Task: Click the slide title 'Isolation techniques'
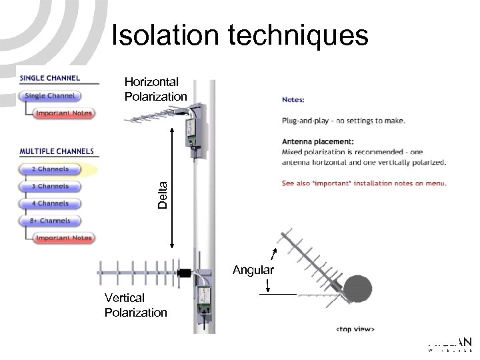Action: pyautogui.click(x=239, y=35)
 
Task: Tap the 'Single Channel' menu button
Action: pyautogui.click(x=51, y=96)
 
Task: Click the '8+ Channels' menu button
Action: pyautogui.click(x=51, y=220)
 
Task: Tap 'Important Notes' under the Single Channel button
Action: pyautogui.click(x=63, y=113)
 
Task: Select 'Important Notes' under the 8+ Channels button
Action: pyautogui.click(x=63, y=238)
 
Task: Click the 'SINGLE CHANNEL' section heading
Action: pyautogui.click(x=51, y=78)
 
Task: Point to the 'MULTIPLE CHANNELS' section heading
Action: pyautogui.click(x=57, y=151)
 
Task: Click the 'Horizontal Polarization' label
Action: pyautogui.click(x=156, y=89)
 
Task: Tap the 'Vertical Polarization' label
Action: pyautogui.click(x=136, y=305)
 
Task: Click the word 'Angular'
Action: pyautogui.click(x=253, y=271)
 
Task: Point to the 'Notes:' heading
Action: pyautogui.click(x=293, y=100)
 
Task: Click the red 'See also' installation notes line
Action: pyautogui.click(x=364, y=183)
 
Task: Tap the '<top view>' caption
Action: pyautogui.click(x=355, y=329)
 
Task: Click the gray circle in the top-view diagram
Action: pyautogui.click(x=357, y=289)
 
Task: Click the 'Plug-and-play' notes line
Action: pyautogui.click(x=343, y=121)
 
